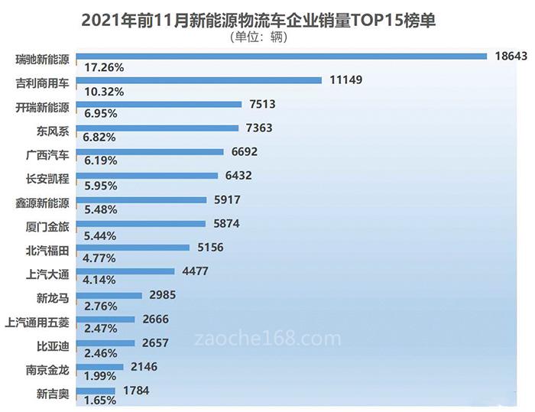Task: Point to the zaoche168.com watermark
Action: point(267,337)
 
